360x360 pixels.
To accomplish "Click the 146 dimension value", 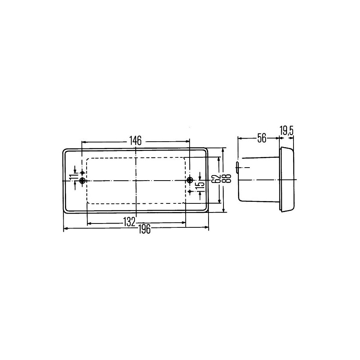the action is pos(135,140).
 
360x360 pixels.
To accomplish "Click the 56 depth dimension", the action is pos(262,138).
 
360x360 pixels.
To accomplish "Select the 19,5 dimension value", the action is pos(286,131).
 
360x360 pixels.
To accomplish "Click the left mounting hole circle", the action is pos(82,181).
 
